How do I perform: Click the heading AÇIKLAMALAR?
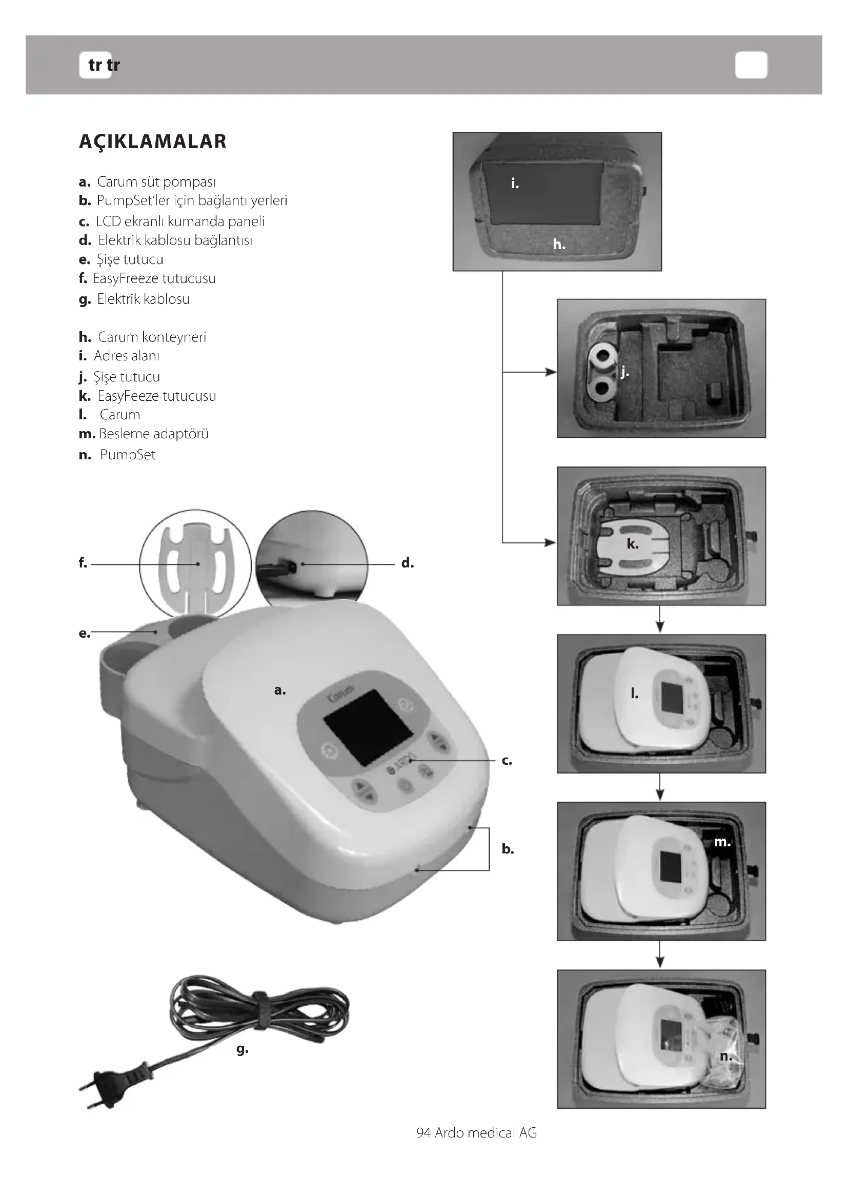(x=152, y=141)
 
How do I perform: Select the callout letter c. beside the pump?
(x=507, y=761)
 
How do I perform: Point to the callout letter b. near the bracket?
(x=508, y=849)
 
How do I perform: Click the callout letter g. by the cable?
(x=243, y=1049)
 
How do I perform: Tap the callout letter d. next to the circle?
(x=407, y=563)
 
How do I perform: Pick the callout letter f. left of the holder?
(x=83, y=563)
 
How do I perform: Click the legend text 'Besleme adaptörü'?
(x=153, y=434)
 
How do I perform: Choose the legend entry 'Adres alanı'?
(x=126, y=356)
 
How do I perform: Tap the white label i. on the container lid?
(x=515, y=184)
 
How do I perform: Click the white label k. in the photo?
(x=632, y=544)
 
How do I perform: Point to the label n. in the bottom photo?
(x=726, y=1056)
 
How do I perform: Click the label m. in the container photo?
(x=722, y=842)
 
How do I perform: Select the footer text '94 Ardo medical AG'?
(x=476, y=1133)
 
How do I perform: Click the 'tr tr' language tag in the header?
(x=104, y=65)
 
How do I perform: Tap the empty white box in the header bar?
(x=751, y=65)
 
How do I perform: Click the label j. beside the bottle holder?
(x=625, y=372)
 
